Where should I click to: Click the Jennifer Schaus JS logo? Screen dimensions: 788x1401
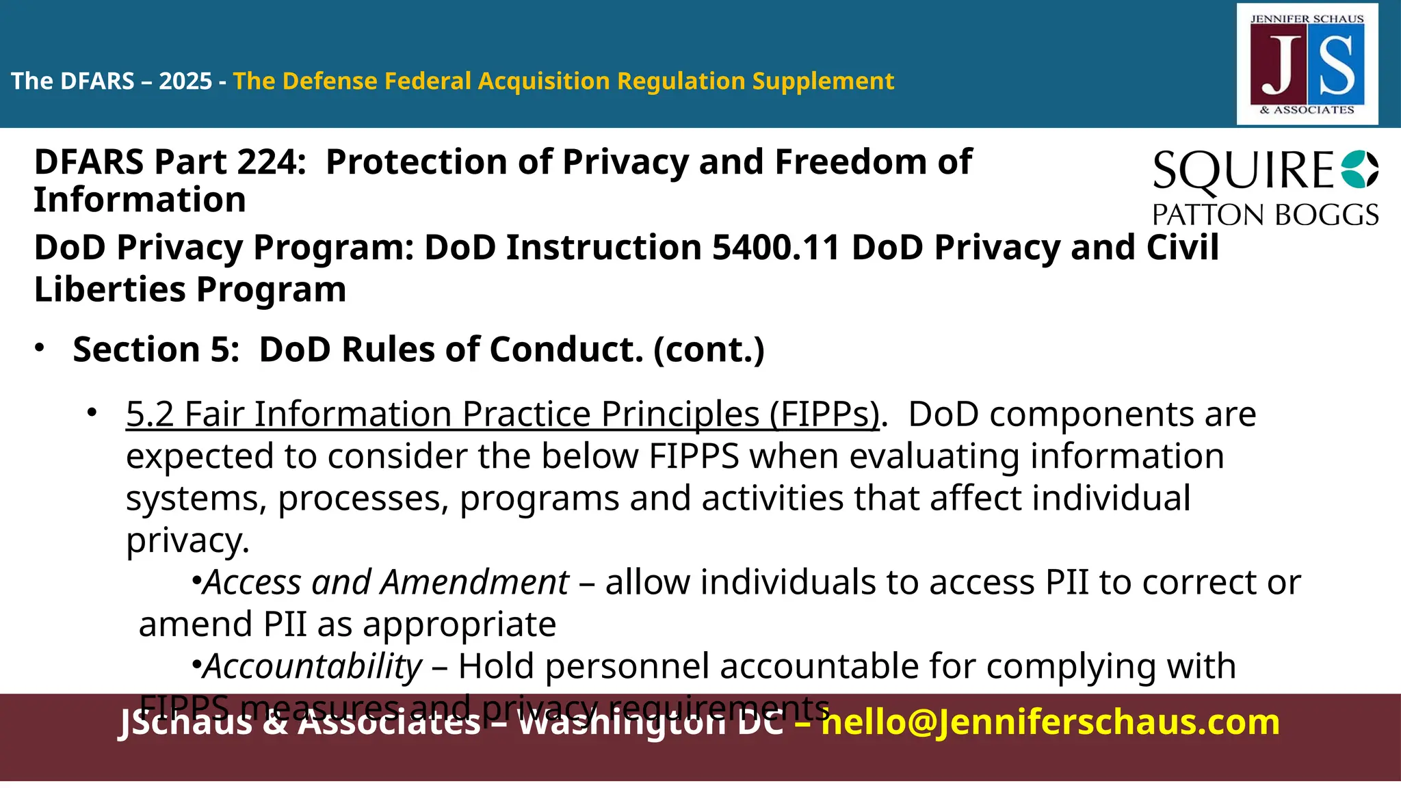point(1307,64)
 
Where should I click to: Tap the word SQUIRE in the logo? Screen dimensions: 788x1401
point(1242,170)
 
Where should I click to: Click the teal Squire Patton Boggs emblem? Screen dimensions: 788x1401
point(1359,170)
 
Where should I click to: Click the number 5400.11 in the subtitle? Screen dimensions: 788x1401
point(775,248)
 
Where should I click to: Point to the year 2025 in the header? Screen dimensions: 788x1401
point(185,81)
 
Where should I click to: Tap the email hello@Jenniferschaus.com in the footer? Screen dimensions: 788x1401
point(1050,722)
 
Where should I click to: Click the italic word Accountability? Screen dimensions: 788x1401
point(313,666)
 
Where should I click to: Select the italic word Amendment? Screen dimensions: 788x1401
point(475,583)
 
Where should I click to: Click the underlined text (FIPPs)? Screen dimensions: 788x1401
point(824,415)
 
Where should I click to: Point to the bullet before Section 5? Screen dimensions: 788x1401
point(40,348)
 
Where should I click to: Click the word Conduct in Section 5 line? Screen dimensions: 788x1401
point(566,350)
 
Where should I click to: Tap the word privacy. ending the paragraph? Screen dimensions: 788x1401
point(187,541)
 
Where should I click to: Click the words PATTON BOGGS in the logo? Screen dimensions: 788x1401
point(1265,215)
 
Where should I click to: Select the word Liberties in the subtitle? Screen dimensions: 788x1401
point(109,289)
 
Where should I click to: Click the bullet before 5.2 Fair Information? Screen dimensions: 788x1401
point(92,413)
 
